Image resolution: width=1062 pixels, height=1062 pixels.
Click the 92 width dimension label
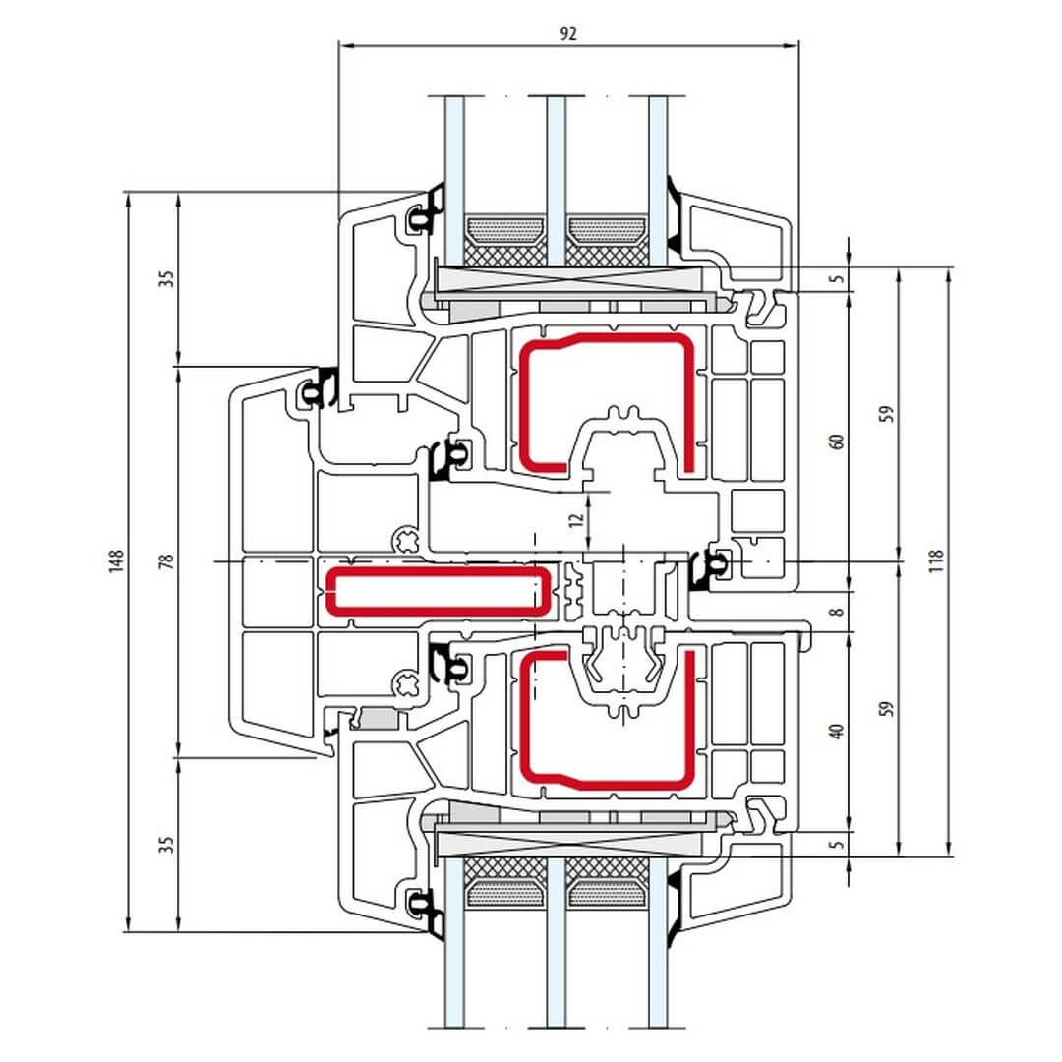click(x=568, y=32)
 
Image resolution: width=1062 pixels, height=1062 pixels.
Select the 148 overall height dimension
click(x=116, y=561)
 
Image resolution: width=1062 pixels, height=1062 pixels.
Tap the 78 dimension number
click(x=166, y=561)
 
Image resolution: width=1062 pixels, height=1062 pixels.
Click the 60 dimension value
click(x=837, y=441)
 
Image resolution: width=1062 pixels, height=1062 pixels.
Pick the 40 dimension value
click(x=837, y=731)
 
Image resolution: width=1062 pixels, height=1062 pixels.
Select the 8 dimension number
click(x=837, y=612)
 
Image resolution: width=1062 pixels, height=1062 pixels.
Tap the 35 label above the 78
click(x=166, y=278)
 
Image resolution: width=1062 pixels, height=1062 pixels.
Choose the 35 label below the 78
click(x=166, y=844)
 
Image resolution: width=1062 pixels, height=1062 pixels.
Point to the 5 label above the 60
click(x=837, y=278)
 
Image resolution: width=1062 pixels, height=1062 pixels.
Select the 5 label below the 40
click(x=837, y=844)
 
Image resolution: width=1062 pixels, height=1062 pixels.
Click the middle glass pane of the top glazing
click(x=557, y=157)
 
